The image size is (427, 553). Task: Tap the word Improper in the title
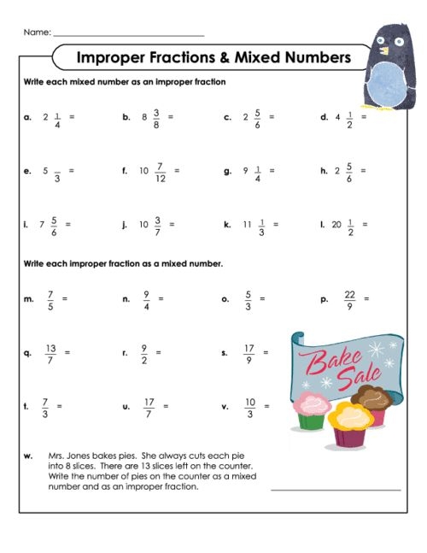[112, 57]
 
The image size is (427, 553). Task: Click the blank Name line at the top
[128, 34]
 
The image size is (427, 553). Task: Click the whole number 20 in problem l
[336, 225]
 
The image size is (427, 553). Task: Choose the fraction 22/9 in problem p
[349, 299]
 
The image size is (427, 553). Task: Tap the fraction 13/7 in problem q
[50, 353]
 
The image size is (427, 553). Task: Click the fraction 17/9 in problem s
[249, 353]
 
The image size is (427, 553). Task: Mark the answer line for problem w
[335, 490]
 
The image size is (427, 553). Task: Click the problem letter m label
[28, 299]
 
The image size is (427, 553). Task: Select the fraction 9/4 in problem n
[147, 299]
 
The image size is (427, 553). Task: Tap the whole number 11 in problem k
[247, 225]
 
